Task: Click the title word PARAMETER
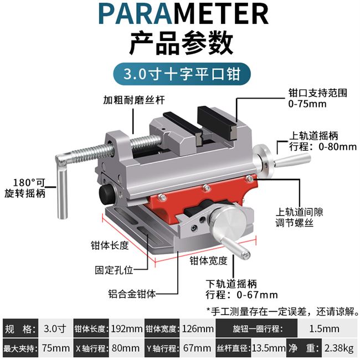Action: click(179, 15)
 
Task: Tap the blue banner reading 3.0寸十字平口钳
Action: click(179, 73)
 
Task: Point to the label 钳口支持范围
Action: click(317, 93)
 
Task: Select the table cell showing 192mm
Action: click(126, 329)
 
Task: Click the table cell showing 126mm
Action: click(197, 329)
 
